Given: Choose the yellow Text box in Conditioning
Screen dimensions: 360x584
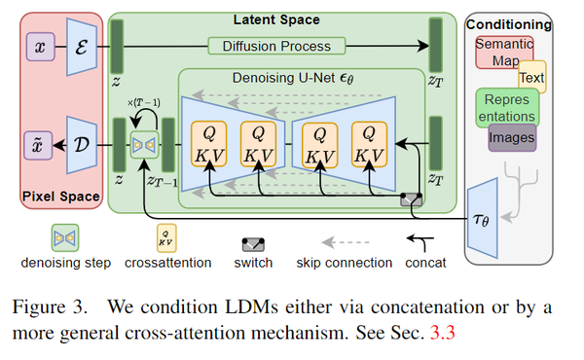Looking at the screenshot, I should (x=532, y=75).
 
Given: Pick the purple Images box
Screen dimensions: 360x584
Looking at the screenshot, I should (x=512, y=137).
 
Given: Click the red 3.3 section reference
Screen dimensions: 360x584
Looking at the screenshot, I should (x=443, y=331).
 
